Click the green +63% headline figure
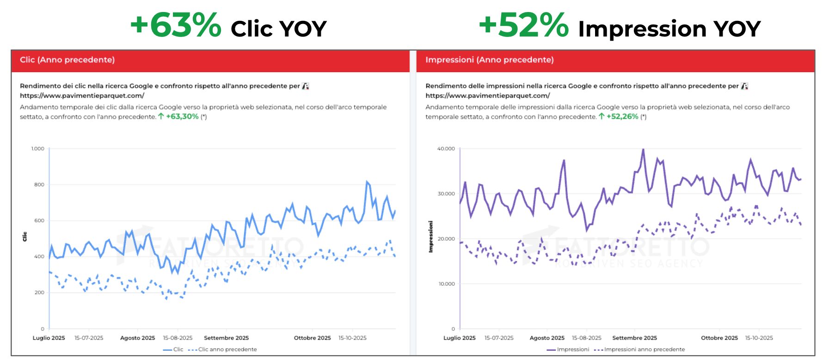pos(176,25)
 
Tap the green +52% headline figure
pos(523,25)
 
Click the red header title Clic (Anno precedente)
pos(67,60)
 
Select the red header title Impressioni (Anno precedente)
pos(489,60)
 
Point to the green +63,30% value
pos(182,116)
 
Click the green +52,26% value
pos(622,116)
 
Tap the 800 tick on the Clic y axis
pos(39,184)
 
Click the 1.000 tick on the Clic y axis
pos(38,148)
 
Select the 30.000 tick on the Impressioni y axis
pos(446,194)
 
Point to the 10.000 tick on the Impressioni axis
pos(446,284)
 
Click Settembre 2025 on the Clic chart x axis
pos(226,338)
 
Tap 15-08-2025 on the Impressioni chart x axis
pos(586,338)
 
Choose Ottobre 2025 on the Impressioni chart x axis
pos(719,338)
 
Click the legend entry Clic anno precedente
pos(227,349)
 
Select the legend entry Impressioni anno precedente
pos(644,349)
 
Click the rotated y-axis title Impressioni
pos(431,236)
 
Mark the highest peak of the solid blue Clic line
pos(367,182)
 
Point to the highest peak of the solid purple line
pos(643,149)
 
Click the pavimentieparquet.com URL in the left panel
pos(82,96)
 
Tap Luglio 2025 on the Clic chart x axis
pos(49,338)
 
